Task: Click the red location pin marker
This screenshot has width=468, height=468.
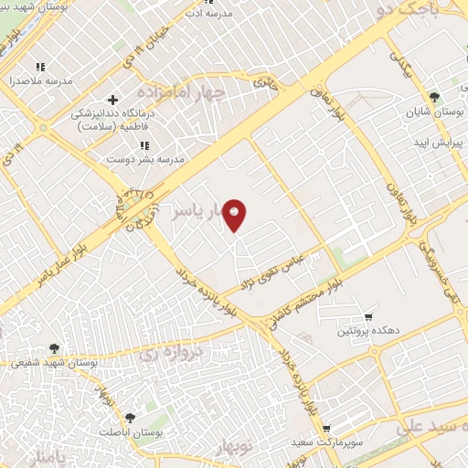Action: point(235,215)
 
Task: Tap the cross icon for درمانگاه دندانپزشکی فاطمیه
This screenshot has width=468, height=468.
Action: point(112,100)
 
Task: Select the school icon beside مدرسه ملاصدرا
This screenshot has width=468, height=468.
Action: point(39,67)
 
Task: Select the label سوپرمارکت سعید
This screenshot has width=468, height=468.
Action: point(367,441)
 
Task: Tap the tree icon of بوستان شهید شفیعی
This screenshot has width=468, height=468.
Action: point(55,347)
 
